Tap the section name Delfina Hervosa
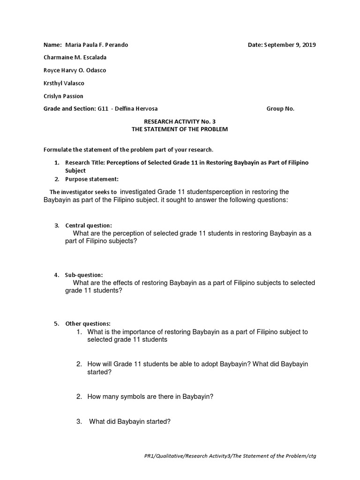click(x=140, y=109)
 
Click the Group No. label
click(x=280, y=109)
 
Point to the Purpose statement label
click(x=91, y=179)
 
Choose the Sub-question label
click(x=83, y=275)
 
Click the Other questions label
click(x=88, y=323)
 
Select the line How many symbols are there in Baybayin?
click(x=150, y=397)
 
